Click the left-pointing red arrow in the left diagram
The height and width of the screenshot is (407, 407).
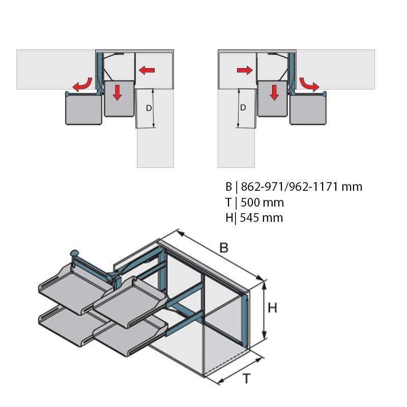pos(147,70)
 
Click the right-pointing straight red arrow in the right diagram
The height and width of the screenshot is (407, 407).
pos(245,70)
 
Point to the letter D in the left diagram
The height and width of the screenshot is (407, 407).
pos(149,108)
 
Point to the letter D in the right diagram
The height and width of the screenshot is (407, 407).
pos(243,107)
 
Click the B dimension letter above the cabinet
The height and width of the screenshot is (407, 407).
pos(224,248)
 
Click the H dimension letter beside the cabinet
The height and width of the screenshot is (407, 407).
pos(273,308)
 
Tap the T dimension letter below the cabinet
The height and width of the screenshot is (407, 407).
pos(246,379)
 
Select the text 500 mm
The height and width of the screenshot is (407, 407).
pos(262,202)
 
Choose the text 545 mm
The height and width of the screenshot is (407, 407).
pos(261,218)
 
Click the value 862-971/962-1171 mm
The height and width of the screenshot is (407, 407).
pos(302,187)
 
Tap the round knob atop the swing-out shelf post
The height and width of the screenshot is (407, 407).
pos(74,252)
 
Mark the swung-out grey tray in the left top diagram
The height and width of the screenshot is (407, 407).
pos(83,108)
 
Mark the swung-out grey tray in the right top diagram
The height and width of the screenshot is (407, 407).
pos(308,108)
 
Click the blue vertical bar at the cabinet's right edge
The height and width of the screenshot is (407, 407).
pos(245,320)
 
